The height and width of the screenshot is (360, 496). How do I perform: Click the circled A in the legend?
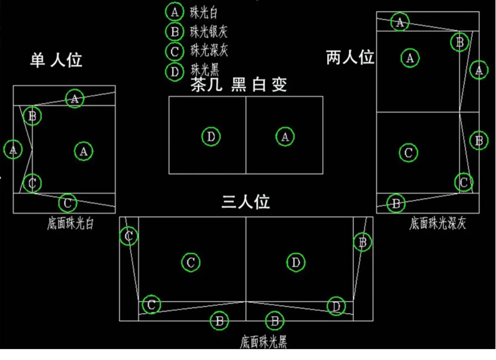click(175, 12)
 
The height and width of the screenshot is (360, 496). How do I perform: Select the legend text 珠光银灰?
click(209, 32)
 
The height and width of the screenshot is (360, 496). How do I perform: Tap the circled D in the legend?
click(175, 71)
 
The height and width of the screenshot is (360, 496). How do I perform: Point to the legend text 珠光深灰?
click(209, 51)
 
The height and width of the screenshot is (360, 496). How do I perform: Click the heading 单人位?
click(56, 60)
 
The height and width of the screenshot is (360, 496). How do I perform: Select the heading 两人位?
click(350, 57)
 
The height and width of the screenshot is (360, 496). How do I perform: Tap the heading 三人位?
click(246, 202)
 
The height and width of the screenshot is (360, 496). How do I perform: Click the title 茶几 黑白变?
click(238, 85)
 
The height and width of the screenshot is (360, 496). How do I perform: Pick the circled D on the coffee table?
click(211, 137)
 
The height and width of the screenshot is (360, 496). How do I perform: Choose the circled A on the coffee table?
click(285, 137)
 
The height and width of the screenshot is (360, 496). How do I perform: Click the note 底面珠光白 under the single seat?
click(70, 224)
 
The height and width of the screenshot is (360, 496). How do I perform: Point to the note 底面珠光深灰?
click(437, 224)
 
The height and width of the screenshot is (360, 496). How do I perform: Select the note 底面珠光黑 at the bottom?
click(264, 342)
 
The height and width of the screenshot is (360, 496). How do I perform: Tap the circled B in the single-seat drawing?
click(32, 116)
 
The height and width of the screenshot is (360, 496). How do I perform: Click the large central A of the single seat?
click(84, 152)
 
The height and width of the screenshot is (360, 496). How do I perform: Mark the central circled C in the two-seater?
click(408, 153)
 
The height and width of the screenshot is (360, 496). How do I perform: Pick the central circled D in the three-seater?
click(296, 262)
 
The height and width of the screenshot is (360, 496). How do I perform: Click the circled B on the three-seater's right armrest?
click(362, 242)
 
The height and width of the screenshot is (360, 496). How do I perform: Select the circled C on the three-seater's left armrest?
click(129, 236)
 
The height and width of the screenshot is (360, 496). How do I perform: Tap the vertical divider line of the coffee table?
click(246, 156)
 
